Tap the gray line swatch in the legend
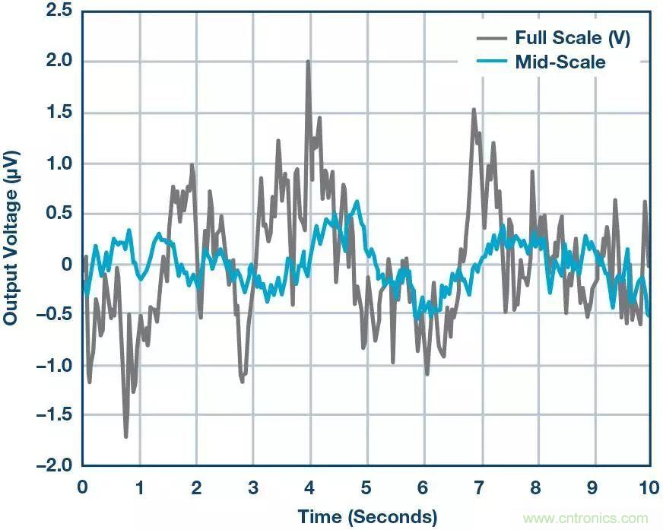coord(493,37)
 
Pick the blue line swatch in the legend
coord(493,62)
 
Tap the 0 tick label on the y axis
coord(66,264)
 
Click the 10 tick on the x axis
coord(649,487)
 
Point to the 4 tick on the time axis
coord(309,487)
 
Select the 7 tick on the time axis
coord(480,487)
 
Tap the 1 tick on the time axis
coord(139,487)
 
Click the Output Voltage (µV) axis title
coord(11,237)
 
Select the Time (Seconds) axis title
coord(366,517)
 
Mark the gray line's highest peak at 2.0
coord(308,62)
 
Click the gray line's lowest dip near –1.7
coord(126,436)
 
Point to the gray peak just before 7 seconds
coord(474,109)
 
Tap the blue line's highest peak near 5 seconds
coord(357,202)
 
